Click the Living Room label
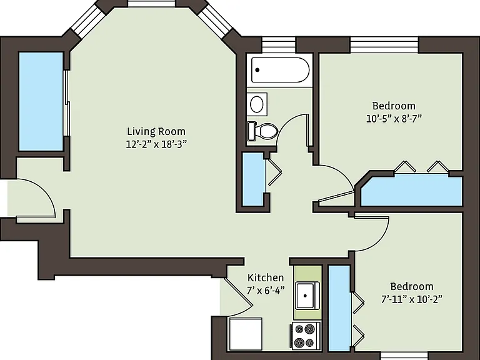[x=156, y=132]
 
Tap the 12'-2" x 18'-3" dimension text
[x=156, y=144]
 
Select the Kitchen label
[x=266, y=277]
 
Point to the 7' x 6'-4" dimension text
[x=266, y=290]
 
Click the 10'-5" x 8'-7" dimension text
[x=394, y=118]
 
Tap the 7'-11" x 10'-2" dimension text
[x=412, y=299]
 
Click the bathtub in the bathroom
[x=280, y=70]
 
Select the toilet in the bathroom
[x=262, y=131]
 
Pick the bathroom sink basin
[x=257, y=104]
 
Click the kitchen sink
[x=307, y=296]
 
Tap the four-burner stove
[x=305, y=336]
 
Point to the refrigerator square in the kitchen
[x=246, y=334]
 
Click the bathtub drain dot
[x=257, y=70]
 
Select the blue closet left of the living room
[x=41, y=101]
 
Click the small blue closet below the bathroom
[x=253, y=179]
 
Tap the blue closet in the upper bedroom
[x=412, y=191]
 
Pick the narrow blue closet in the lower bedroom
[x=339, y=309]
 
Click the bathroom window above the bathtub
[x=279, y=45]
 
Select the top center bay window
[x=152, y=3]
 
